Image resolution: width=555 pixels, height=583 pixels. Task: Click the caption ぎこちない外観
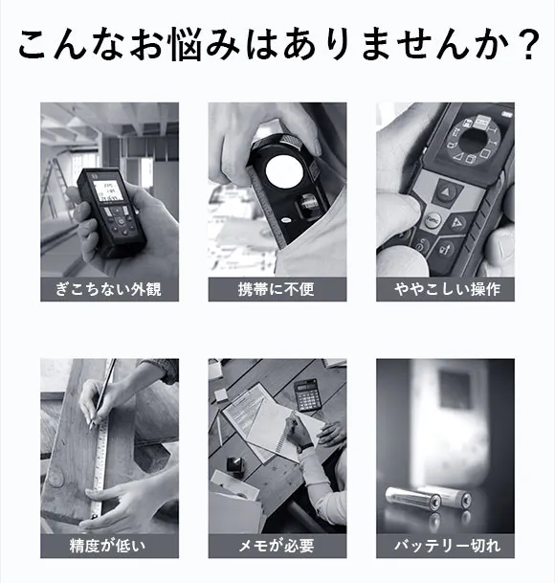[108, 289]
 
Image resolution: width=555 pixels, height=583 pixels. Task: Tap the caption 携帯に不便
[277, 289]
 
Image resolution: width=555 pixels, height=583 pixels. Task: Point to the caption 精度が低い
[108, 546]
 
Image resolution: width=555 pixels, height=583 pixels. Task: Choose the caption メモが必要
[277, 546]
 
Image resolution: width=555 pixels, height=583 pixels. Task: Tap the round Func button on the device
[433, 220]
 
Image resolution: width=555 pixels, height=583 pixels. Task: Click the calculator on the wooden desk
[307, 394]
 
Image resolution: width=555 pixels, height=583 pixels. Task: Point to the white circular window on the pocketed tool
[285, 172]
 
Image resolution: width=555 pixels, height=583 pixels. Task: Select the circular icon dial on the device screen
[473, 140]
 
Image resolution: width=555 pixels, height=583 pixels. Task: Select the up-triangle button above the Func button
[445, 192]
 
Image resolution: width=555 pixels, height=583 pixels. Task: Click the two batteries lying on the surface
[429, 498]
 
